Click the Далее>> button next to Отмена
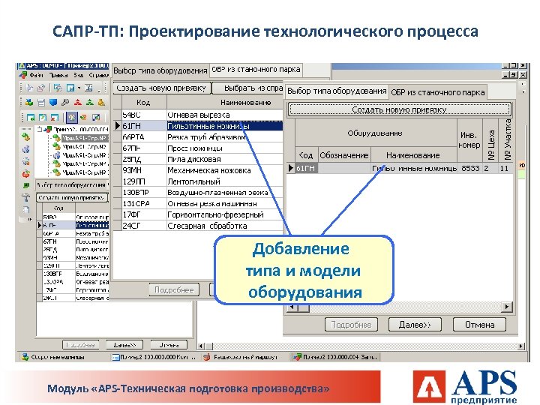[415, 325]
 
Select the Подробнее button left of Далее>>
[351, 325]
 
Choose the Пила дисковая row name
[194, 160]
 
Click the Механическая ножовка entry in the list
[209, 170]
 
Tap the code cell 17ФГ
[133, 214]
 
